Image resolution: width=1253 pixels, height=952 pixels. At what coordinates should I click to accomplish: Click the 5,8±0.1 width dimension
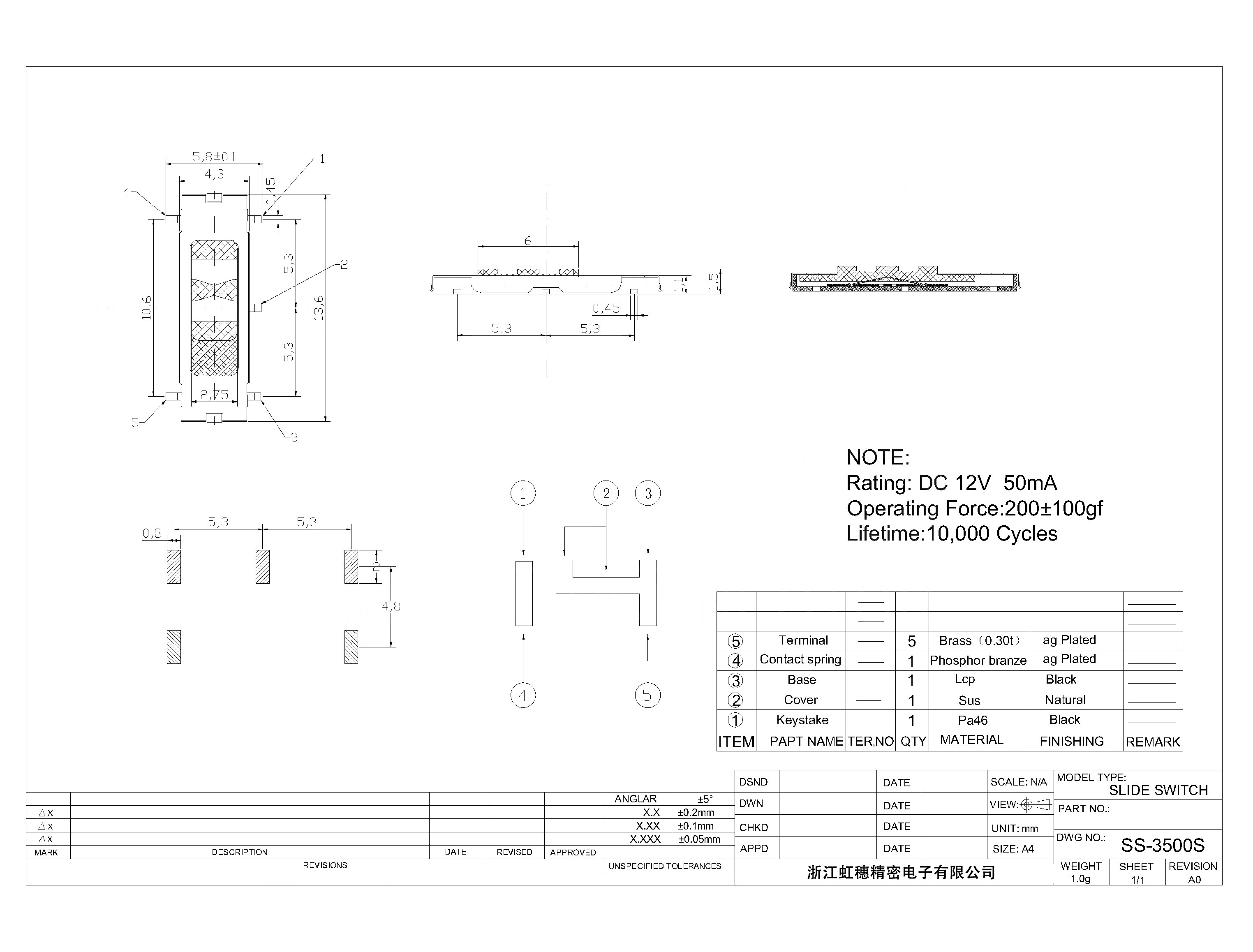pos(214,156)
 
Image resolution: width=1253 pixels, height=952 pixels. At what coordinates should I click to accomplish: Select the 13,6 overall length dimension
pos(319,308)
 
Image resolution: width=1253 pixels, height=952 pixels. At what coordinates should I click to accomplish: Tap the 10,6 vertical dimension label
pos(147,308)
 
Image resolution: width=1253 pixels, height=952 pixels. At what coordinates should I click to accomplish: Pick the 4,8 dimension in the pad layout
pos(391,606)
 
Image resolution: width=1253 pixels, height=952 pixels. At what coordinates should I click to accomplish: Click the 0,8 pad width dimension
pos(152,533)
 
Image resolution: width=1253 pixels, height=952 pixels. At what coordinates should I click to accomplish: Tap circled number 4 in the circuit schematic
pos(522,696)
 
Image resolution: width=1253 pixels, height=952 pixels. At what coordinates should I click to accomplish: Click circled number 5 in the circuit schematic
pos(647,696)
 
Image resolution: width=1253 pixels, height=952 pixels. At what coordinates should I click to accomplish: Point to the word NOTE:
pos(878,458)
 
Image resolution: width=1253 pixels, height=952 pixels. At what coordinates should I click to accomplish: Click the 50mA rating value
pos(1030,483)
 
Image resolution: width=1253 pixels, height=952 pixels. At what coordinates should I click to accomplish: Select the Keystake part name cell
pos(802,720)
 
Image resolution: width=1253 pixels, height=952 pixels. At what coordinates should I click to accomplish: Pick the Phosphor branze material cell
pos(978,660)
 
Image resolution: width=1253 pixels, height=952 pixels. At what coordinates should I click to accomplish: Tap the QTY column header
pos(913,741)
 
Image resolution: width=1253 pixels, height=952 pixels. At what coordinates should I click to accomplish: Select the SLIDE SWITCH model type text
pos(1158,790)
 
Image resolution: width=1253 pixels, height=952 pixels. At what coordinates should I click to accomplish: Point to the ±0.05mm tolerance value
pos(699,839)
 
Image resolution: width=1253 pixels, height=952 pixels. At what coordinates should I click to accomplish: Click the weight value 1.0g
pos(1081,879)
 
